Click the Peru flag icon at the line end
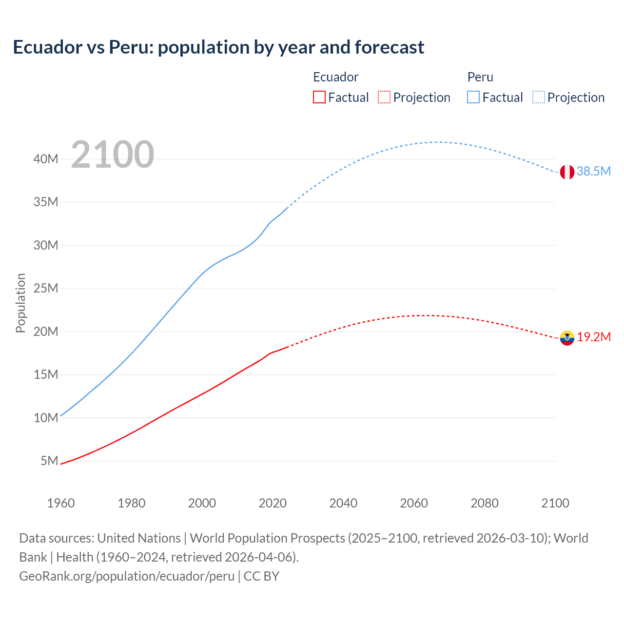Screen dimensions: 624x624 click(567, 172)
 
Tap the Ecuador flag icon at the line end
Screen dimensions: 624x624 click(567, 337)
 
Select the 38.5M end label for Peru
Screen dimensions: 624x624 click(593, 172)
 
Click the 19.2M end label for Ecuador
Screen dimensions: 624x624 click(594, 337)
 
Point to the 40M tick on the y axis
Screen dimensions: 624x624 click(46, 159)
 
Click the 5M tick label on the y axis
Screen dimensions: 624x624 click(49, 461)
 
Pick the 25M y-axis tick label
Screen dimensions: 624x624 click(46, 288)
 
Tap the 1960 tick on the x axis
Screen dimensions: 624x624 click(61, 503)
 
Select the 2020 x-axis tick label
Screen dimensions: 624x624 click(273, 503)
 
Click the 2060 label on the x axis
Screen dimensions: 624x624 click(414, 503)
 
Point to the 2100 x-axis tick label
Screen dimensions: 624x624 click(555, 503)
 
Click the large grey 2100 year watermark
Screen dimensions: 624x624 click(113, 155)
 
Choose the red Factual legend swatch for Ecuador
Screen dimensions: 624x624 click(319, 97)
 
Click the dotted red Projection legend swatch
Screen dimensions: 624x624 click(384, 97)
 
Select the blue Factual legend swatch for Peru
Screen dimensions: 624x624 click(473, 97)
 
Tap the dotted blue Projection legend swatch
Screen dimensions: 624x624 click(539, 97)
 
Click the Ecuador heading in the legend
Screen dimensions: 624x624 click(335, 77)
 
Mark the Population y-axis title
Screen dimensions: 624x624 click(20, 303)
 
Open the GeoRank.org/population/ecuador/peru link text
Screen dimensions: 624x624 click(127, 576)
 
